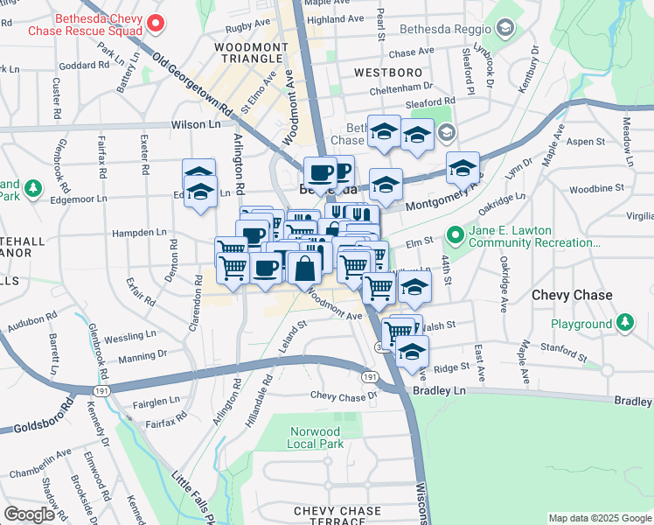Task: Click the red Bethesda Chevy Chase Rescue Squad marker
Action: (155, 23)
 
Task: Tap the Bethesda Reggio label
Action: (442, 29)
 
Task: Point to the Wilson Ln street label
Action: (196, 125)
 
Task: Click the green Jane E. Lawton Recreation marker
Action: (455, 235)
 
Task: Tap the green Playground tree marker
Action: (625, 324)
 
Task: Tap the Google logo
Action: (29, 514)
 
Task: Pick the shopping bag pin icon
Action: (305, 269)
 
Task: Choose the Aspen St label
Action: (586, 141)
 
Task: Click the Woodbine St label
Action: (595, 188)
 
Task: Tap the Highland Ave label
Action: (335, 18)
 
